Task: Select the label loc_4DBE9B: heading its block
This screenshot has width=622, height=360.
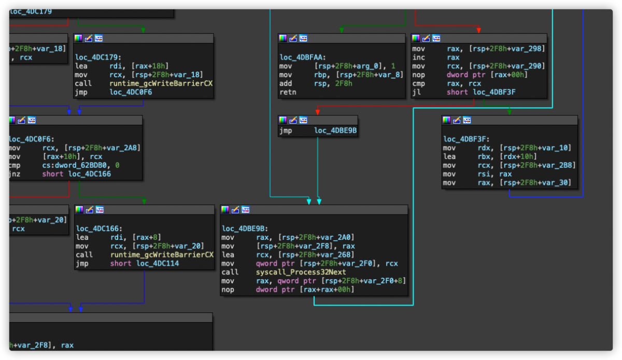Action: (x=244, y=228)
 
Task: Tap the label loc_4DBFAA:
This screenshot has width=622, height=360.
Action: (x=303, y=57)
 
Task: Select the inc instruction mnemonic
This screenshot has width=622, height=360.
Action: (x=419, y=57)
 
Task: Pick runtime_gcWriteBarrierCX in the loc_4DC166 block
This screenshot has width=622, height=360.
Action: (x=162, y=254)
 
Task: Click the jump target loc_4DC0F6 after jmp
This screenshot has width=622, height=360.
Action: (x=131, y=92)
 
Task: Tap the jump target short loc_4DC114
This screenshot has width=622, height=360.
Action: (x=143, y=263)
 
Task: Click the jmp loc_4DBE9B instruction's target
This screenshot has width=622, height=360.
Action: (x=335, y=131)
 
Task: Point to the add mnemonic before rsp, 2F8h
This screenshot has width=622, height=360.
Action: (x=286, y=83)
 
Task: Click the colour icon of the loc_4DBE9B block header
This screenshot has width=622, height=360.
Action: (x=225, y=210)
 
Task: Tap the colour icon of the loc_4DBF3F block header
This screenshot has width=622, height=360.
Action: (x=446, y=120)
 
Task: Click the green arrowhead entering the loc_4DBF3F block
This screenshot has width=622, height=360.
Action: (x=509, y=112)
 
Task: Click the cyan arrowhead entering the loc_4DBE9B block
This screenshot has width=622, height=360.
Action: (x=309, y=201)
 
